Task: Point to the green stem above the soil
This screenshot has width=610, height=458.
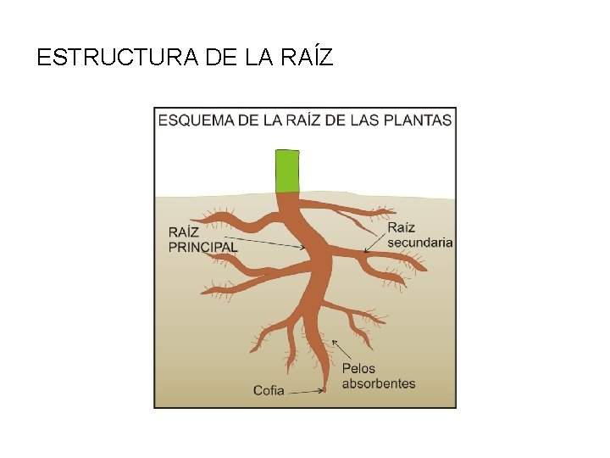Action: pyautogui.click(x=288, y=170)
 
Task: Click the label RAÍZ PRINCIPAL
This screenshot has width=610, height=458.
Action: pyautogui.click(x=203, y=238)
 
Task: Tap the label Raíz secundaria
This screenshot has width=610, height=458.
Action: pyautogui.click(x=419, y=234)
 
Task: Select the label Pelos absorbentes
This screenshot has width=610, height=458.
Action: pyautogui.click(x=379, y=376)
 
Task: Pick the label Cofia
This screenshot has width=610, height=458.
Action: pyautogui.click(x=269, y=391)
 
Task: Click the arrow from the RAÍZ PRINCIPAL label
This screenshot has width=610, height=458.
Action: pyautogui.click(x=271, y=244)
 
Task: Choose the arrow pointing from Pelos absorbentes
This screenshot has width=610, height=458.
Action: pyautogui.click(x=342, y=350)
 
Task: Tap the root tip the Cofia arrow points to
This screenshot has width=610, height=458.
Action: pyautogui.click(x=325, y=389)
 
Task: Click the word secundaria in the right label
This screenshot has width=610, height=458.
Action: pyautogui.click(x=419, y=242)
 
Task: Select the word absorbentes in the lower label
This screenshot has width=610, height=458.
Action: pyautogui.click(x=379, y=383)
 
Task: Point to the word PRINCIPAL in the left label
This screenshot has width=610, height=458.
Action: pyautogui.click(x=203, y=246)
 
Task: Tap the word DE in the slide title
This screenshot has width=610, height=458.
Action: pyautogui.click(x=216, y=58)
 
